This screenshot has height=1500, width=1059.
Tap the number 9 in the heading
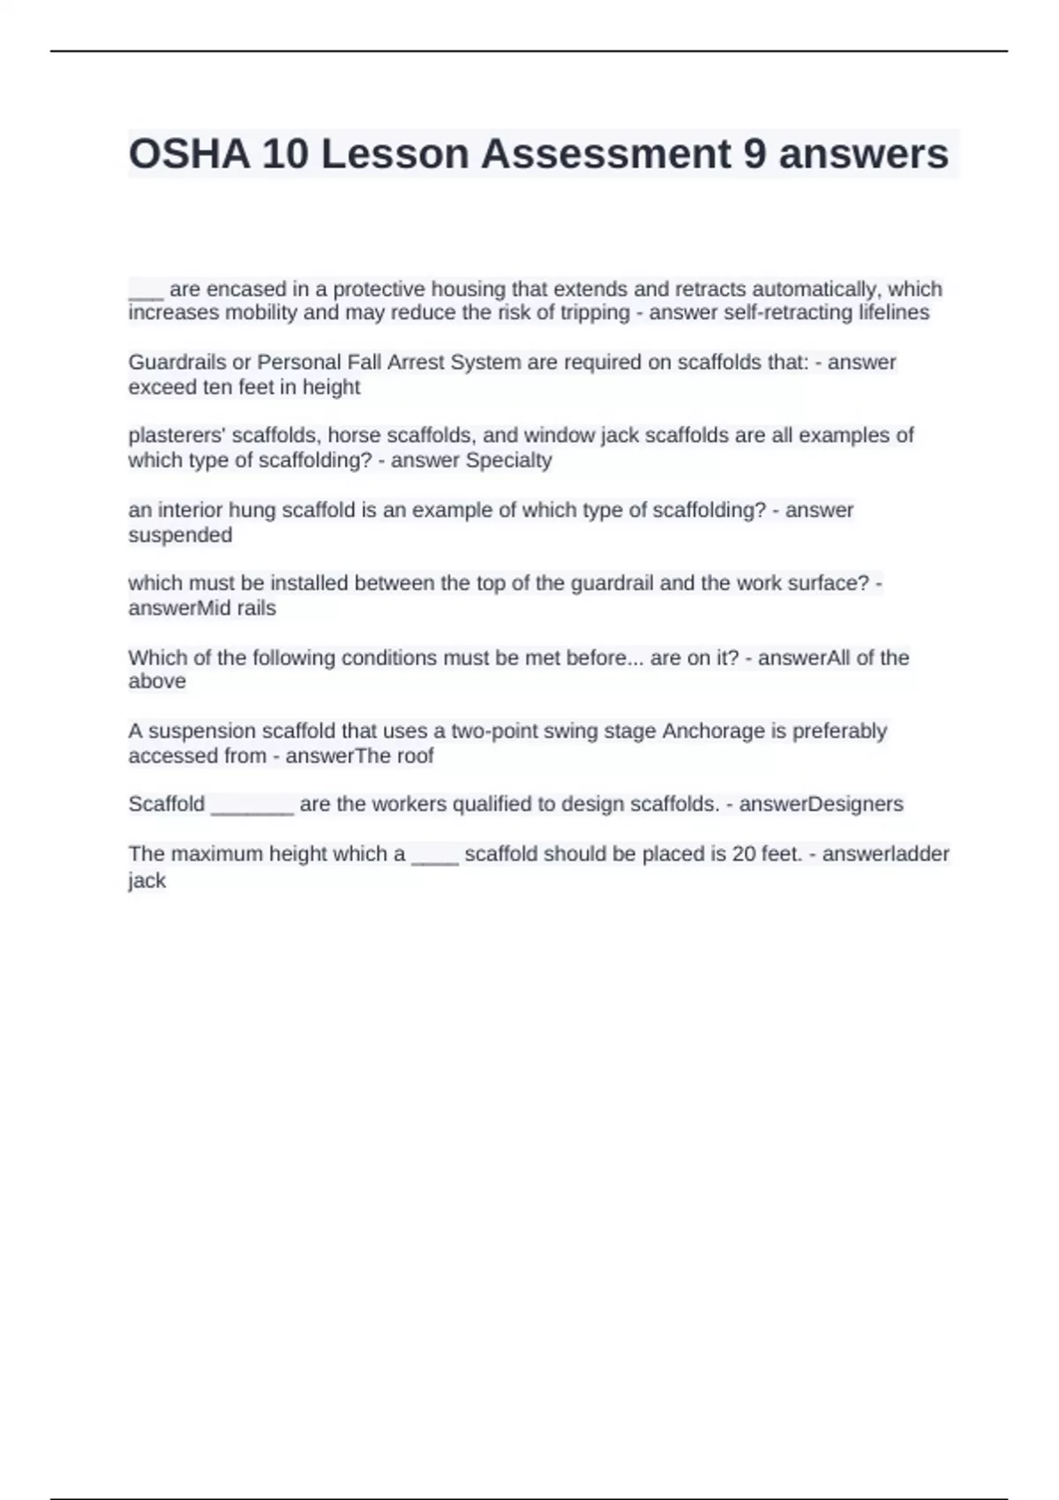(x=754, y=154)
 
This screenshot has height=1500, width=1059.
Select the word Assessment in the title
(x=605, y=154)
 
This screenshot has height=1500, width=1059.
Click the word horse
(x=354, y=435)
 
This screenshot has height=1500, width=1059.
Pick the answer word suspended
(x=180, y=535)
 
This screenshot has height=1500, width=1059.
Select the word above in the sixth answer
(x=157, y=681)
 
